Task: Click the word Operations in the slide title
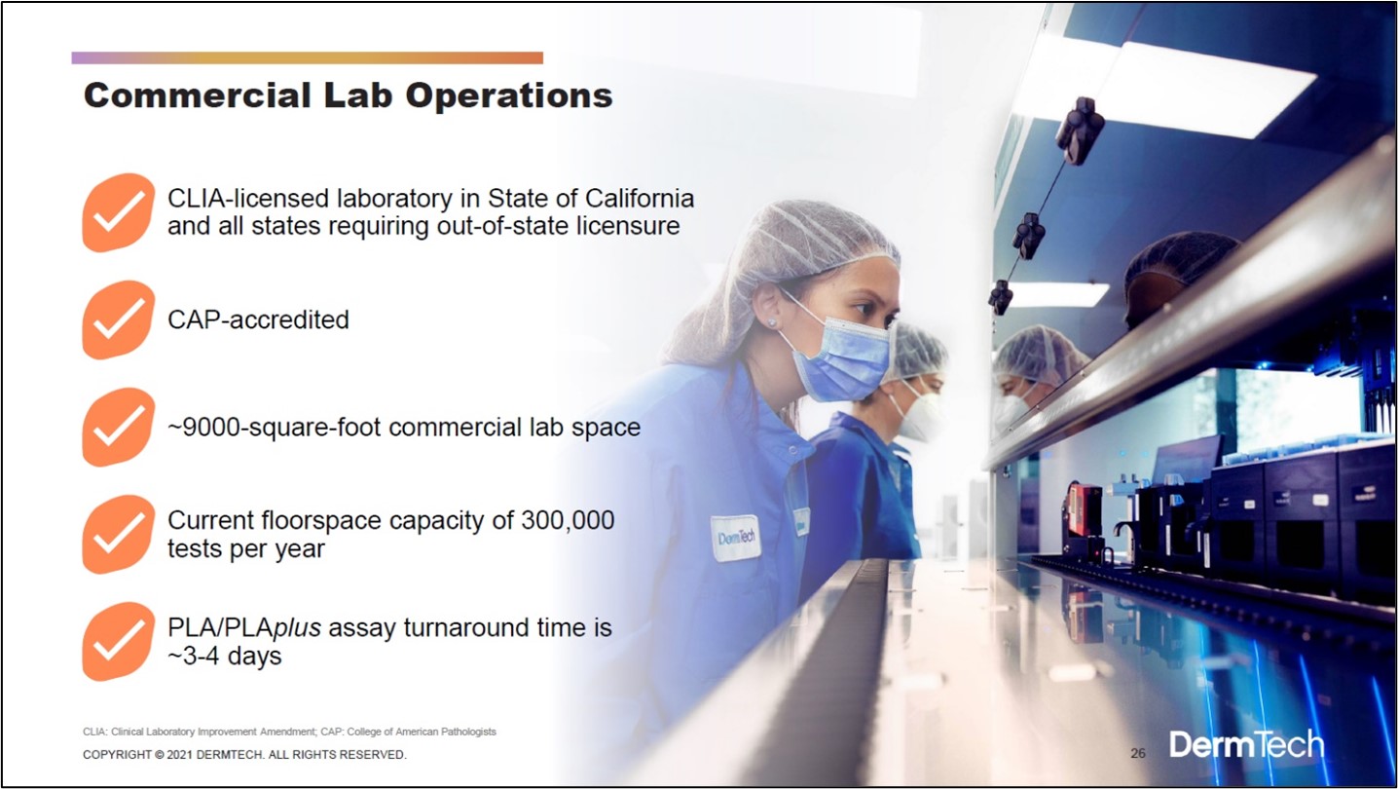point(508,96)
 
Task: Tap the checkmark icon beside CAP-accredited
point(118,319)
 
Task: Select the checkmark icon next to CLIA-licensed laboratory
point(118,212)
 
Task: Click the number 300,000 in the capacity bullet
point(568,520)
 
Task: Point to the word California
point(640,198)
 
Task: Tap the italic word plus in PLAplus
point(297,628)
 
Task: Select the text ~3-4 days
point(225,657)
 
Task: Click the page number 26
point(1138,753)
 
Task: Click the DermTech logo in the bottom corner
point(1246,744)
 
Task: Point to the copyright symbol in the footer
point(159,755)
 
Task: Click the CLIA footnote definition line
point(289,732)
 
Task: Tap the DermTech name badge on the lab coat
point(736,538)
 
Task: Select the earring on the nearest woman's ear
point(773,322)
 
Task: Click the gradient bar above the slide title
point(307,58)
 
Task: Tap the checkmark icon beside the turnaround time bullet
point(118,642)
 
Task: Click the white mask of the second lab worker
point(917,412)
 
